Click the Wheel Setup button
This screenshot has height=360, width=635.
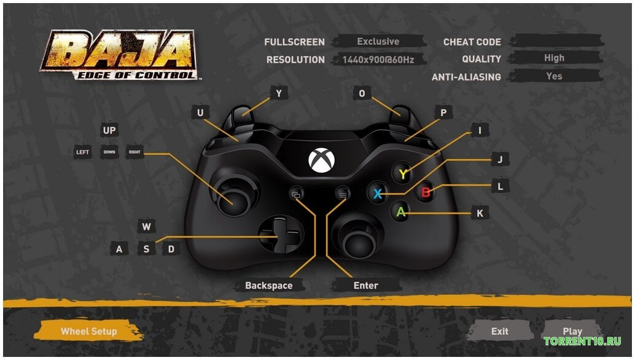pos(88,331)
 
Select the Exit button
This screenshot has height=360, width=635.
pos(499,331)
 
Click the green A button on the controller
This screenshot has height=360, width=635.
pos(401,212)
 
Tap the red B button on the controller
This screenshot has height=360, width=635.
pos(425,193)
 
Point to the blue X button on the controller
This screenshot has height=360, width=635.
pos(378,194)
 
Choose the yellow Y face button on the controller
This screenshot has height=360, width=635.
pos(402,174)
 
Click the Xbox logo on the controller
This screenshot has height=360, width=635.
pos(322,160)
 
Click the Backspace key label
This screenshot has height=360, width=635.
pos(268,285)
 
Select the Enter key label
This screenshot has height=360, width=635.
pos(366,285)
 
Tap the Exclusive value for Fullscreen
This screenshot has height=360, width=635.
pos(378,42)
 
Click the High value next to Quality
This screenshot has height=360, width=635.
pos(554,58)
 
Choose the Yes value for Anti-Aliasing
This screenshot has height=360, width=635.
pos(554,76)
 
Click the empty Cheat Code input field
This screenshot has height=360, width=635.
pos(556,41)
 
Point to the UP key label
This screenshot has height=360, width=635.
pos(109,130)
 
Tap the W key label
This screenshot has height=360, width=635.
pos(146,227)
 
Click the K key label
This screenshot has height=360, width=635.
pos(480,213)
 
